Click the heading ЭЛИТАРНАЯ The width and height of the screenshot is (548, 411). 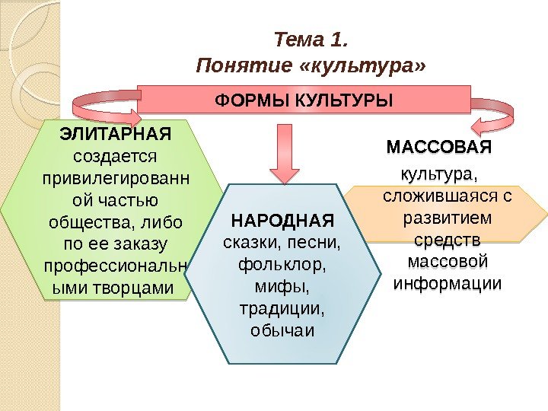click(115, 135)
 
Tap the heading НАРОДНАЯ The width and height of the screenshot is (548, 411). click(282, 221)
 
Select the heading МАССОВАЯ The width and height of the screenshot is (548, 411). click(439, 145)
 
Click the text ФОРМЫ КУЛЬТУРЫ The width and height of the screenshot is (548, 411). click(304, 100)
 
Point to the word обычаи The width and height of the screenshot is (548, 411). click(282, 332)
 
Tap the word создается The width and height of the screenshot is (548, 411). click(115, 157)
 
